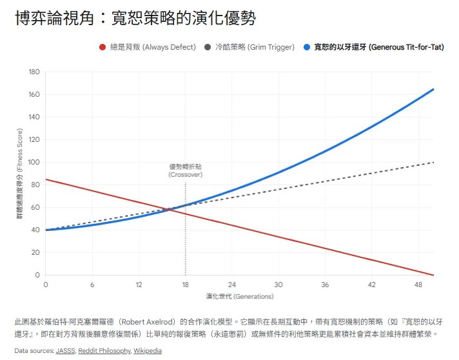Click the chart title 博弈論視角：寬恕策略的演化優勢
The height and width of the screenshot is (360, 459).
(x=135, y=19)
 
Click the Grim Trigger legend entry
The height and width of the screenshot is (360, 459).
(x=249, y=47)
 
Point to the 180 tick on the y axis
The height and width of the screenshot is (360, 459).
(x=34, y=72)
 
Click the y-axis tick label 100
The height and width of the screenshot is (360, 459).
(x=34, y=163)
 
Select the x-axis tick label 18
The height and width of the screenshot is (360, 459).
(x=185, y=285)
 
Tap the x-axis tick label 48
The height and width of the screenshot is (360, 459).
(x=418, y=285)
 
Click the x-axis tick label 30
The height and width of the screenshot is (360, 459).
(x=278, y=285)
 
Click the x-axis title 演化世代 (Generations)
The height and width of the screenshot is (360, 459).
(x=239, y=297)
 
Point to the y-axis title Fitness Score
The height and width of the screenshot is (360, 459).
(x=19, y=174)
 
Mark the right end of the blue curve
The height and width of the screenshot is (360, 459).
(x=433, y=90)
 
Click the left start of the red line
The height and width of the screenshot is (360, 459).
(x=46, y=179)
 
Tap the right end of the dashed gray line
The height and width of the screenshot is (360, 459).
(x=433, y=163)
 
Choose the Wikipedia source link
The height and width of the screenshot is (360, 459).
(x=148, y=351)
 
